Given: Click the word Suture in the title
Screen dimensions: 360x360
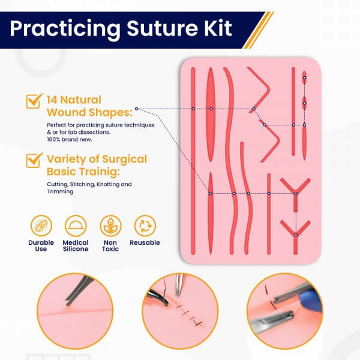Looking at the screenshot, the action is coord(163,28).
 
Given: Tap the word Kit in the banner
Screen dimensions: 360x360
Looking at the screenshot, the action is coord(218,28).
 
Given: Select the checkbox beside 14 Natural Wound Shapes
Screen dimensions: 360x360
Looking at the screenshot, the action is coord(34,101).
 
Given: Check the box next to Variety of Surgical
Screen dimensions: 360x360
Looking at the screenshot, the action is coord(34,160).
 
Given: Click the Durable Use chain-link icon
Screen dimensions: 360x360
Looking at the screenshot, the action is coord(41,226).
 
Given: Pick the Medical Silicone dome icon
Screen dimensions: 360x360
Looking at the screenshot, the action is coord(76,226).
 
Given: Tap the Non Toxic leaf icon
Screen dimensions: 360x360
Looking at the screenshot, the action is coord(110,226).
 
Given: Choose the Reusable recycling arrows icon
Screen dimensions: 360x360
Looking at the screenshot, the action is coord(145,226).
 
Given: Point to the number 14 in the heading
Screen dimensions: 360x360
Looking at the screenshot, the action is coord(52,100).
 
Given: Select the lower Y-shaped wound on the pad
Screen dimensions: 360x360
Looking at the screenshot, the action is coord(295,236).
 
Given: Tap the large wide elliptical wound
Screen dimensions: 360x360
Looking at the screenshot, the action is coord(211,115).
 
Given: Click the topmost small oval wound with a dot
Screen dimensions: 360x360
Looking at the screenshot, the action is coord(304,77).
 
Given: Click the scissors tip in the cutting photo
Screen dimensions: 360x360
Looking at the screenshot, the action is coord(67,304).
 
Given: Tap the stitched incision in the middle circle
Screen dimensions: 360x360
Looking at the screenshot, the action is coord(188,314).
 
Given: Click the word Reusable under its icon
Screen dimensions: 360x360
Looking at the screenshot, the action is coord(145,242).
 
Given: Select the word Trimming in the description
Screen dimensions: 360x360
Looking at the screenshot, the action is coord(60,192).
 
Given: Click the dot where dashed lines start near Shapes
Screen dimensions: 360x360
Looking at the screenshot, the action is coord(137,109).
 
